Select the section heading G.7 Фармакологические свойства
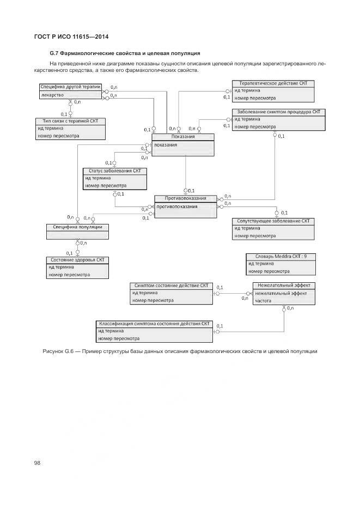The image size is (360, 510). (x=125, y=53)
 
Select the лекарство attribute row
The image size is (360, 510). (x=53, y=95)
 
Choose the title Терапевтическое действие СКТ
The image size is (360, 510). (x=273, y=83)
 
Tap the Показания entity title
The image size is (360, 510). (x=182, y=136)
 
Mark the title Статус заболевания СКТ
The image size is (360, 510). (x=114, y=171)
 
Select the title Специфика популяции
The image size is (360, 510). (x=74, y=227)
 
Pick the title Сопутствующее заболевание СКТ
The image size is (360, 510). (x=273, y=221)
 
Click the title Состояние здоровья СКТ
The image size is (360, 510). (x=77, y=259)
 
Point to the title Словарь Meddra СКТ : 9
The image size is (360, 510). (x=280, y=256)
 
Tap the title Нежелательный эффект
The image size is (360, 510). (x=284, y=285)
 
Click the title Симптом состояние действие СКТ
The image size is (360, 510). (x=171, y=285)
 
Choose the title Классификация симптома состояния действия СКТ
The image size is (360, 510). (x=154, y=323)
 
